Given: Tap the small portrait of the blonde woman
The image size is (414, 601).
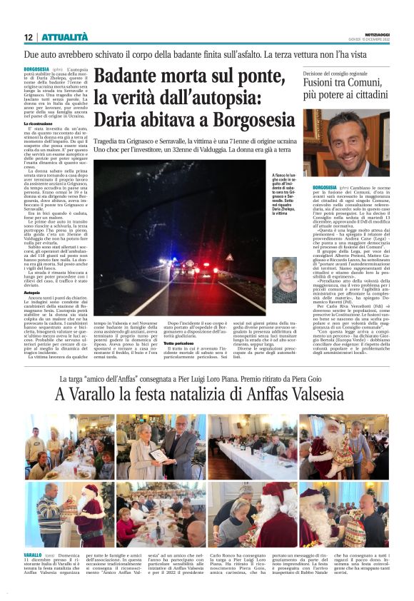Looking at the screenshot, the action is (284, 280).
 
